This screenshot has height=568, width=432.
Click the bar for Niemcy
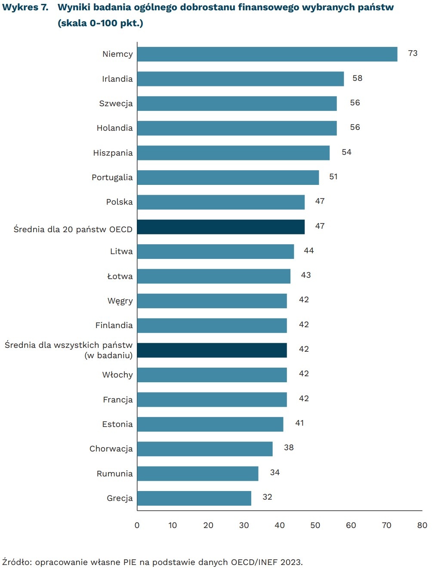267,54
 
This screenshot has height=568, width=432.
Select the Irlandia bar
241,79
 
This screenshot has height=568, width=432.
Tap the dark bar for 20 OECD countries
221,227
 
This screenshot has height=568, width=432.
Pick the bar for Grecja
194,498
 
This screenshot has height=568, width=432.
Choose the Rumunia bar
198,473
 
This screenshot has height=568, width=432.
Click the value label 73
413,53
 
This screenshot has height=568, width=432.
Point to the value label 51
333,176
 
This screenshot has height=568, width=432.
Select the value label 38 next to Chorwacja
289,448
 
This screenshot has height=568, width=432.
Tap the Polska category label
119,202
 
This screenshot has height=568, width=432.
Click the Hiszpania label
113,153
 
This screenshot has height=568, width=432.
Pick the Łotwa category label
120,276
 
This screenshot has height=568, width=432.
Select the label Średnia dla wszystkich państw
68,345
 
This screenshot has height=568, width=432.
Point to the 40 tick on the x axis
280,525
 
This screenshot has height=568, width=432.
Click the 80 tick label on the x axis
422,525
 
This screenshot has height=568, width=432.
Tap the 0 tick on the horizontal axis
137,525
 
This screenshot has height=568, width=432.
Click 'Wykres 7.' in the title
25,7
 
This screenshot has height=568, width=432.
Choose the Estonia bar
210,424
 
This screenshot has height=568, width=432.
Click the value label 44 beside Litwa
309,251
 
